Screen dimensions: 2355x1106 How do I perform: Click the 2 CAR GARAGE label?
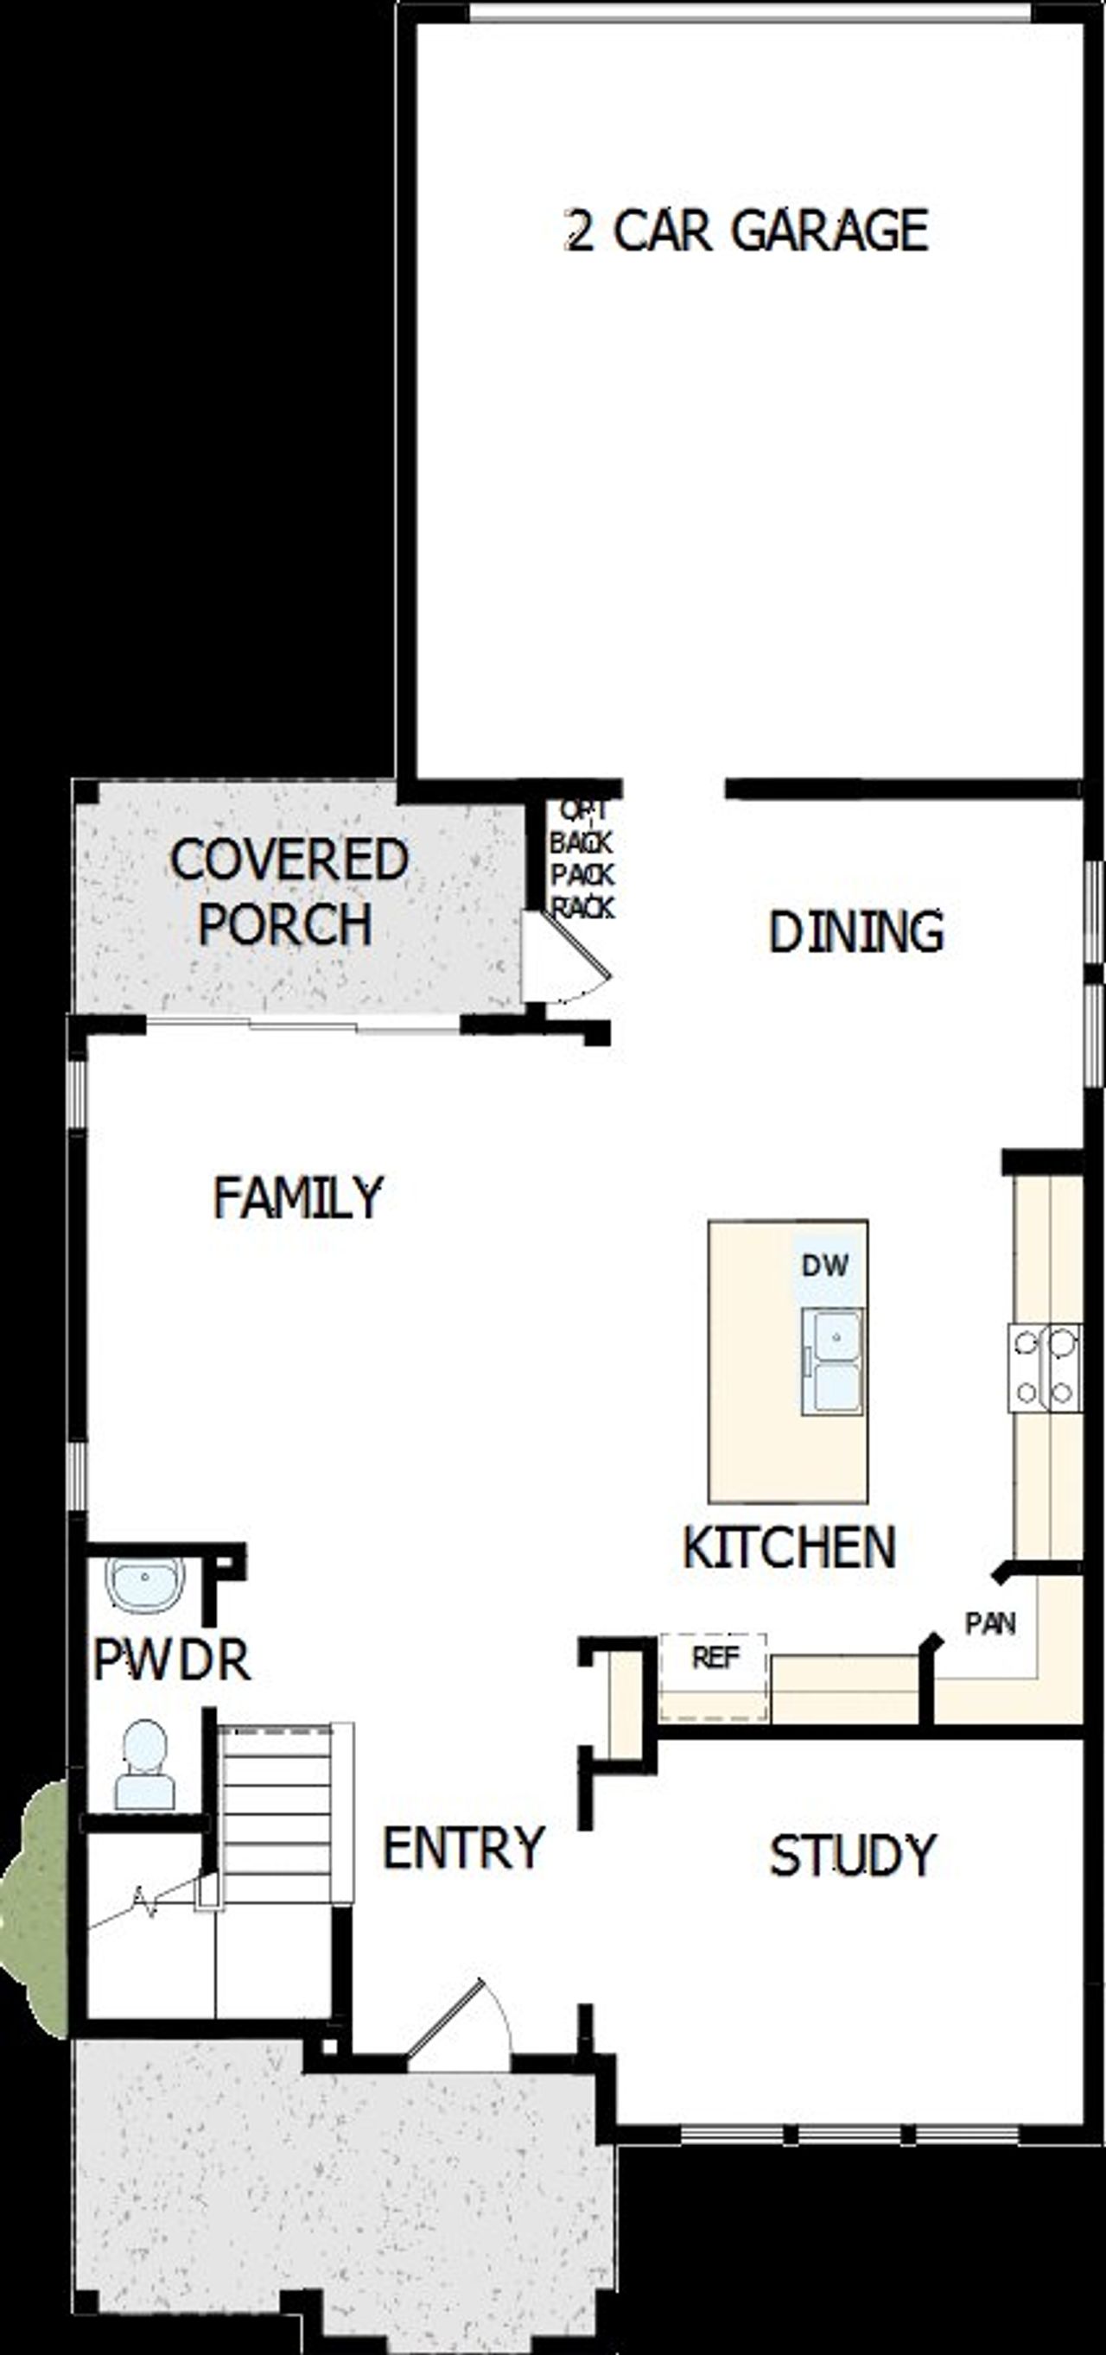coord(747,231)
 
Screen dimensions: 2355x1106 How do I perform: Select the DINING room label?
coord(855,932)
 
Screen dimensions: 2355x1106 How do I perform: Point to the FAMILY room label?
coord(297,1197)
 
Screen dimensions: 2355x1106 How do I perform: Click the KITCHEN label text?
coord(789,1548)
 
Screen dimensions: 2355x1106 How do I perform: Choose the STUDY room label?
coord(853,1856)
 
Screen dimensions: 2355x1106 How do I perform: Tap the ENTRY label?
coord(462,1847)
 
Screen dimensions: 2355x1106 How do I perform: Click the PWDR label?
coord(172,1660)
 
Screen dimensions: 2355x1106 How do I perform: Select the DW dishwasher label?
coord(824,1266)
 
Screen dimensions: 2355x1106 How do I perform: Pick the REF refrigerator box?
coord(714,1676)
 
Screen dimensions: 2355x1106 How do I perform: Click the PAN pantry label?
coord(990,1623)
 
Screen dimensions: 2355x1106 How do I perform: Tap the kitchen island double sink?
coord(831,1362)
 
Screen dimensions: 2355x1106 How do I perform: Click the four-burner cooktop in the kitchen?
coord(1045,1368)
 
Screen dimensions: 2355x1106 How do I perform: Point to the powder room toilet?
coord(144,1764)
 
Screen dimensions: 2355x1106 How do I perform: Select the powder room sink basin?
coord(144,1584)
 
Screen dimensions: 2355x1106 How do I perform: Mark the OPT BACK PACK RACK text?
coord(582,860)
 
